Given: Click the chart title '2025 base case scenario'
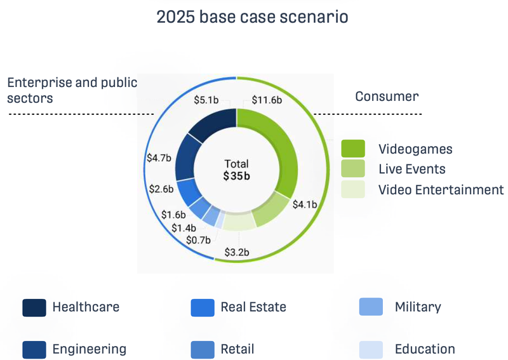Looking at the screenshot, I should coord(252,17).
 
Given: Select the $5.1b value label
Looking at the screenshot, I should coord(206,100).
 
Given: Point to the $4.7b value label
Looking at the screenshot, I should coord(159,158).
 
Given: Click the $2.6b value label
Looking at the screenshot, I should coord(161,189).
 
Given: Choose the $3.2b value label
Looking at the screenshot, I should coord(237,252).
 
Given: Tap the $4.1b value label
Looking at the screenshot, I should coord(304,204).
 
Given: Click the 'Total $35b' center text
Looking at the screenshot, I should coord(236,170).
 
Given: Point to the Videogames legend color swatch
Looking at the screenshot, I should coord(353,149).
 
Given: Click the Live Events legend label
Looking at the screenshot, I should coord(411,169).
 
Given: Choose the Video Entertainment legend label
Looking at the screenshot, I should coord(441,189).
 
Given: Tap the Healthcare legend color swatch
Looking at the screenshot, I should coord(34,307).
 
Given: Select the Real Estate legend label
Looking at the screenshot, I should coord(253,307).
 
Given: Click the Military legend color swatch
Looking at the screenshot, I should coord(371,307).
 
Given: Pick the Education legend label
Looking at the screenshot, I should coord(424,349).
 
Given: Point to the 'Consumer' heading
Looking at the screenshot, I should coord(387,97).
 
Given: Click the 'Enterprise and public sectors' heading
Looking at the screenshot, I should coord(72,90).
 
